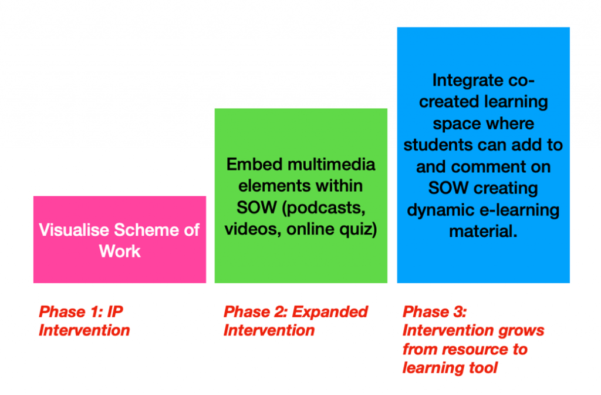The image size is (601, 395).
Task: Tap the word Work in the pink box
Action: pos(120,252)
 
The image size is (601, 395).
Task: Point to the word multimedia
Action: pos(332,165)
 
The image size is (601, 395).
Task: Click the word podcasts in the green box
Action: pos(324,208)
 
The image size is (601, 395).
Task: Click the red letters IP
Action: pos(115,312)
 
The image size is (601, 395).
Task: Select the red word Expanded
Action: pos(330,312)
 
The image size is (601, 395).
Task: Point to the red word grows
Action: pos(521,331)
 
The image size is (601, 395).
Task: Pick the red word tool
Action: pos(483,368)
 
